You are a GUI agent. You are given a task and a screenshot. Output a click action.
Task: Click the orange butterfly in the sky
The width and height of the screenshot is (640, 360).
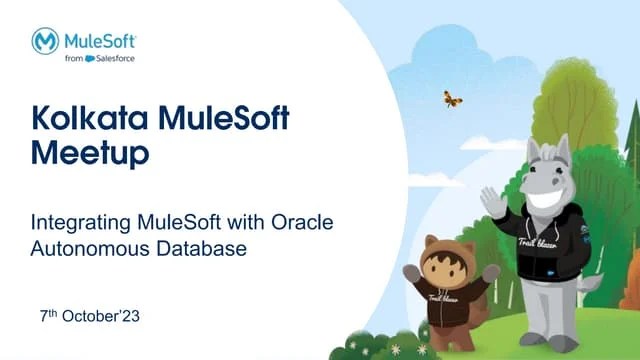point(452,98)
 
